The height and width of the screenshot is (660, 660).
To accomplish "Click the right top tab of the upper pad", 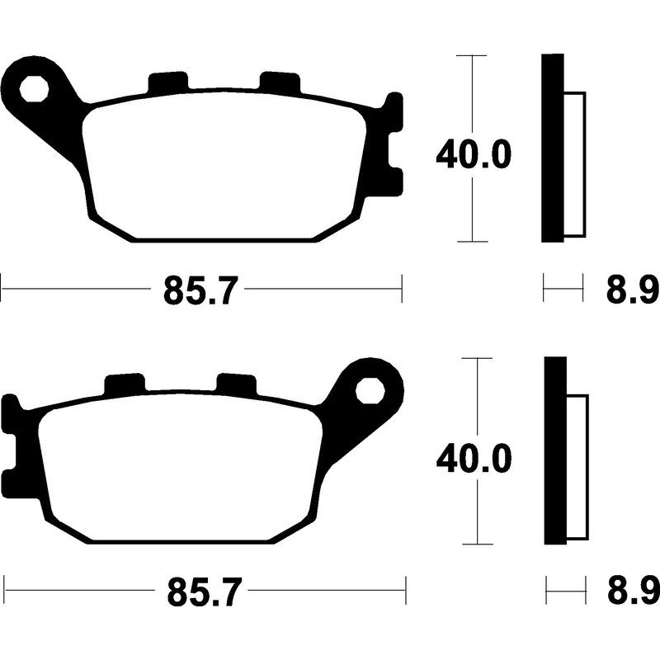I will coord(279,82).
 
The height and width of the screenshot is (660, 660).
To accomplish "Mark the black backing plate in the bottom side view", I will coord(555,451).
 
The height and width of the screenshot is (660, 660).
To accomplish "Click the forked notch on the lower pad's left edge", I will coord(12,445).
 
